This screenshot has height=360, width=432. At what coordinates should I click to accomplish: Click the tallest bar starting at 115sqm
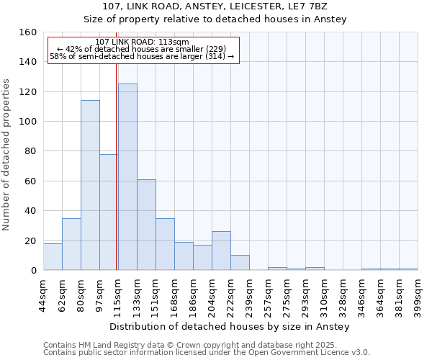[x=127, y=177]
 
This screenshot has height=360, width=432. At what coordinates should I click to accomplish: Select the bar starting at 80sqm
[x=90, y=185]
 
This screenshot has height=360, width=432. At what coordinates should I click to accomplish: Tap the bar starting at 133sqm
[x=146, y=225]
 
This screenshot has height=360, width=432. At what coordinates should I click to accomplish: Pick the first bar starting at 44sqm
[x=53, y=257]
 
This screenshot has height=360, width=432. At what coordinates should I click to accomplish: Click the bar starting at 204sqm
[x=221, y=251]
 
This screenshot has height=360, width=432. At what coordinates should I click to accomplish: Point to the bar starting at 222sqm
[x=240, y=263]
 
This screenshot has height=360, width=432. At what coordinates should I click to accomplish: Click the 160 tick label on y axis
[x=29, y=32]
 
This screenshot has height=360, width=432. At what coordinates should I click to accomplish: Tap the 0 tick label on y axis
[x=34, y=271]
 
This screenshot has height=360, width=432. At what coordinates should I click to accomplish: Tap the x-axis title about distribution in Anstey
[x=230, y=327]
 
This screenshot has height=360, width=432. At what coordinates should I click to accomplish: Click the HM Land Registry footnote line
[x=206, y=345]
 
